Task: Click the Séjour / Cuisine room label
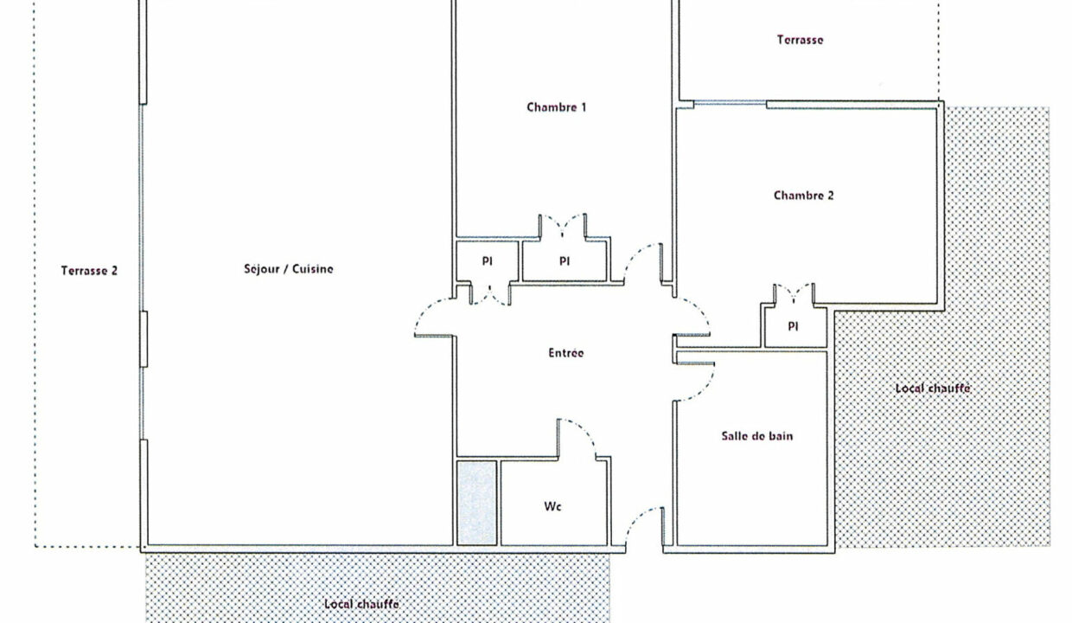click(289, 268)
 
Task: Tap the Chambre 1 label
click(556, 106)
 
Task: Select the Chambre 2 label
click(803, 196)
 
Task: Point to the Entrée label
click(565, 353)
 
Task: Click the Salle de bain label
click(757, 436)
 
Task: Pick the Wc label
click(552, 506)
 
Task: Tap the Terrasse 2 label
click(89, 271)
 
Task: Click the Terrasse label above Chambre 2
click(801, 40)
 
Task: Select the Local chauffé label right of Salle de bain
click(933, 389)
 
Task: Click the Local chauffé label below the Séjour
click(361, 604)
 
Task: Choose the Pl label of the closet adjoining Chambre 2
click(793, 326)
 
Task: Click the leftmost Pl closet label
click(488, 261)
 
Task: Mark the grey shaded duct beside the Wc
click(476, 503)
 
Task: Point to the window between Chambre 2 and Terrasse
click(730, 103)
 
